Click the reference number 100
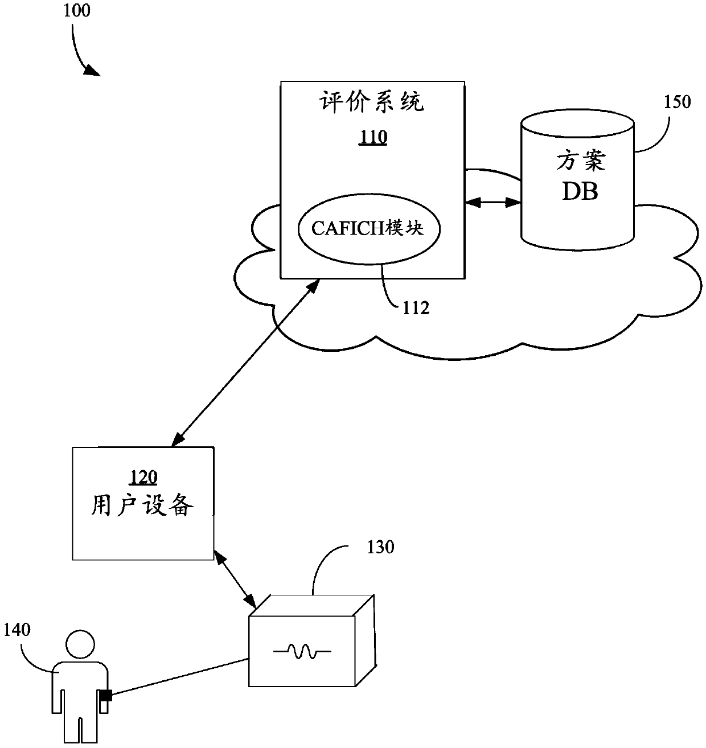pos(77,11)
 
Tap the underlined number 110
pos(372,137)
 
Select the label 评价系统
pos(372,102)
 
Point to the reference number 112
pos(416,309)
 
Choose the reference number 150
pos(677,102)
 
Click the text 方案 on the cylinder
pos(581,161)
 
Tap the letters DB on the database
pos(580,191)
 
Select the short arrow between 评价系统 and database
pos(492,203)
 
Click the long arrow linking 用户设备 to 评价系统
pos(245,363)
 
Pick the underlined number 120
pos(143,477)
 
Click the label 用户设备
pos(142,505)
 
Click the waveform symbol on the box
pos(302,651)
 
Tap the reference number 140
pos(17,630)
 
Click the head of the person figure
pos(80,644)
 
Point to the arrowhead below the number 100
pos(93,71)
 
